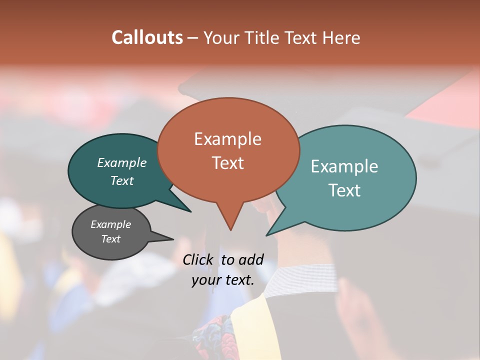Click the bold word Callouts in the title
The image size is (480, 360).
click(x=147, y=37)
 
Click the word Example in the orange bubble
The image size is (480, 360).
click(x=227, y=139)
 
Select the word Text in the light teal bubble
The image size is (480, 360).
click(x=345, y=190)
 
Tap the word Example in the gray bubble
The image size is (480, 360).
click(x=110, y=224)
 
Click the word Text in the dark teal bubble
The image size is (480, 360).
click(x=121, y=180)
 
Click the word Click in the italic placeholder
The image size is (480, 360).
click(x=198, y=259)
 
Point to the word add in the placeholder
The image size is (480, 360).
click(x=250, y=259)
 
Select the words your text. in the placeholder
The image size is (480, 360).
click(x=222, y=280)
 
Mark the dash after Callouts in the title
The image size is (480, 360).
click(x=193, y=38)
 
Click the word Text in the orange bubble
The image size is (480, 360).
click(x=228, y=163)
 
